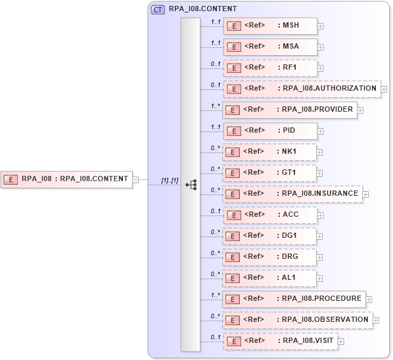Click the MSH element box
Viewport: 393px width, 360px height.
[270, 26]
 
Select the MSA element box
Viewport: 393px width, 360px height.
[270, 47]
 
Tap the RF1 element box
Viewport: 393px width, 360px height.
[270, 68]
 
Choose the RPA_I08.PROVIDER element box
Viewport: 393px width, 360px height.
[290, 110]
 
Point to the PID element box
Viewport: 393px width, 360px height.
[270, 131]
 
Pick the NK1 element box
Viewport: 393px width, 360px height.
[270, 152]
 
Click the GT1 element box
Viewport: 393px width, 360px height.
[270, 173]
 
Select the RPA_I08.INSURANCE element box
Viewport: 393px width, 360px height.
[293, 194]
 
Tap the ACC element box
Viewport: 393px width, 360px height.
[270, 215]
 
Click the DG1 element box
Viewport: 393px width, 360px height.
[270, 236]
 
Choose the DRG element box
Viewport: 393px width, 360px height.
[270, 257]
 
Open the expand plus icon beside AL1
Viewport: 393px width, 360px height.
[320, 279]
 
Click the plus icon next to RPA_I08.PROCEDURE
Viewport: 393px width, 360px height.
[368, 300]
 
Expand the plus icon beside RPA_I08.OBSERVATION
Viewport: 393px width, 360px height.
[376, 321]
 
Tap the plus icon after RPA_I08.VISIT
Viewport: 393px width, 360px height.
[340, 342]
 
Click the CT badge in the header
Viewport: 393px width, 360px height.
[158, 10]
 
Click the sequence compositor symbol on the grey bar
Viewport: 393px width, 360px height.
[191, 185]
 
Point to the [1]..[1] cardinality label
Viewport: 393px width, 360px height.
[170, 181]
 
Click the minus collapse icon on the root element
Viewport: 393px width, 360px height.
[135, 179]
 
